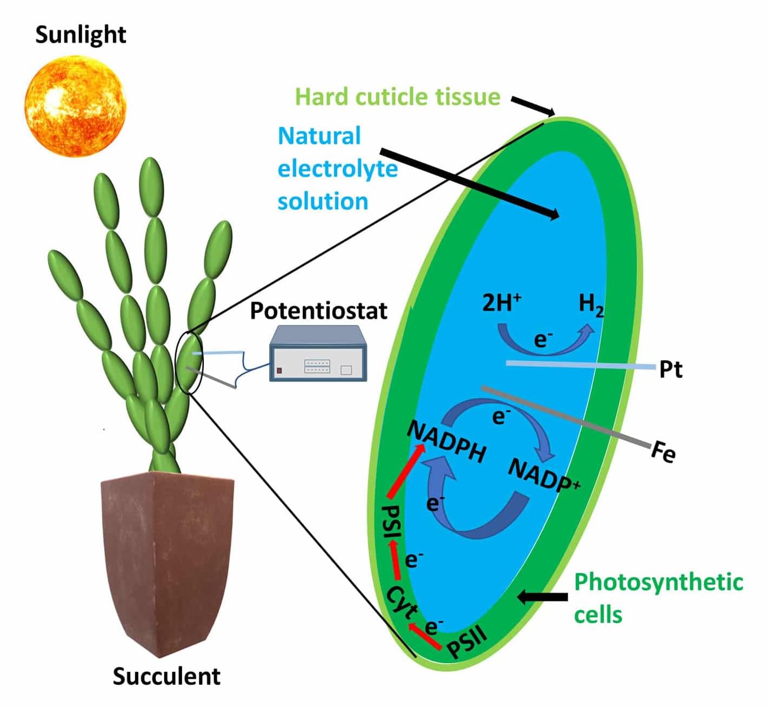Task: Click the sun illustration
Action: pos(76,106)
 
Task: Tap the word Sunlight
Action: pos(81,35)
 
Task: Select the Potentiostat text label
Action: pos(318,311)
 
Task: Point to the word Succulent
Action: pos(166,676)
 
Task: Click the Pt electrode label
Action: pos(671,370)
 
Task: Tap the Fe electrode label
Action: pos(663,452)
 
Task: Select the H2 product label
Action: pos(591,305)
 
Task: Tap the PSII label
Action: pos(468,641)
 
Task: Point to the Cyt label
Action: pos(403,602)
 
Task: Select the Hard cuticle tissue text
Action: pos(398,97)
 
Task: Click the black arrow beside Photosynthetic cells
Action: pos(543,597)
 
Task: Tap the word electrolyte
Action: pos(338,169)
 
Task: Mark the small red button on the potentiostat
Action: pos(279,371)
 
